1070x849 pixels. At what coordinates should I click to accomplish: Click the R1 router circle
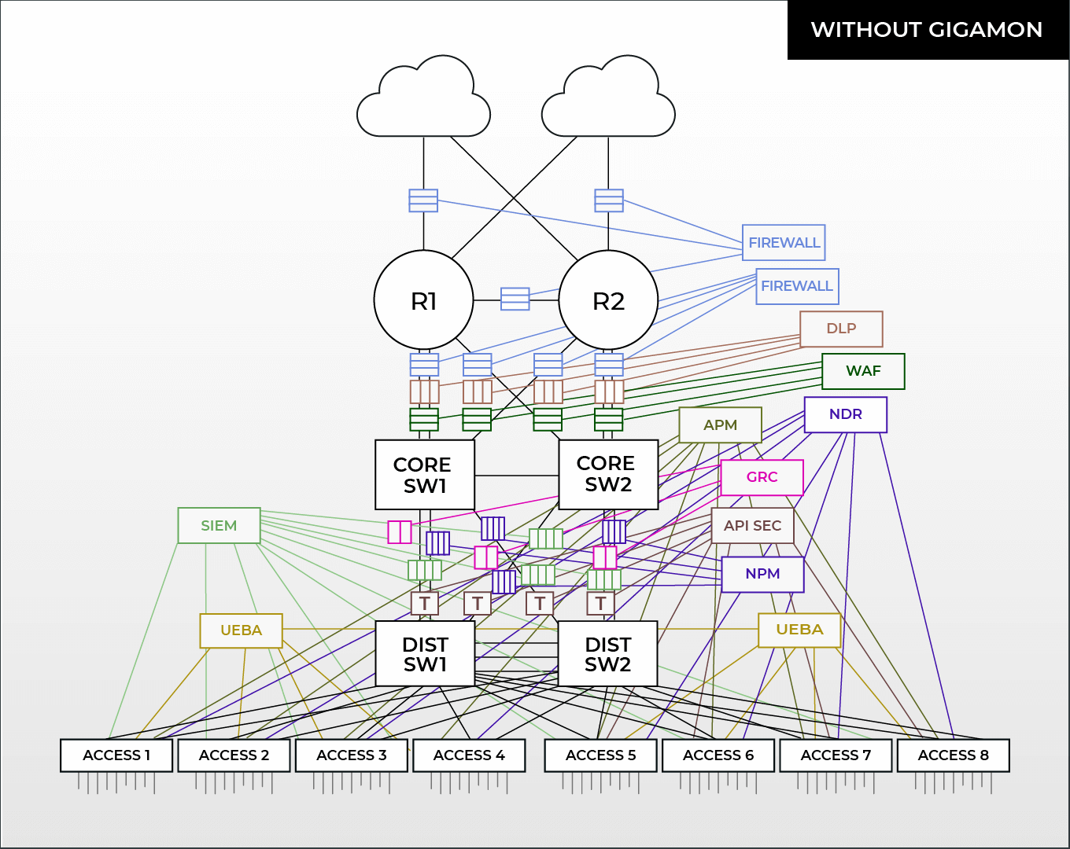point(423,300)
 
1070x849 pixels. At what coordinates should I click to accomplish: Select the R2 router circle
point(608,300)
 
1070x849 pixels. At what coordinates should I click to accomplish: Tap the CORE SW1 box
point(425,475)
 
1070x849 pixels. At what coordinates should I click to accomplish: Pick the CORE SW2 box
point(607,474)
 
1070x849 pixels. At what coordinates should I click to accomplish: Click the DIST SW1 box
point(425,654)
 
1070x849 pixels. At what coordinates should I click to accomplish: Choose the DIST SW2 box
point(607,654)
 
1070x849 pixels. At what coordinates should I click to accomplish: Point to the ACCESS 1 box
point(116,755)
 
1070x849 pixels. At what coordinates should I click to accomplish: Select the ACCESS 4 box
point(469,755)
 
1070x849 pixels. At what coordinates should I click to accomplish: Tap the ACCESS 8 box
point(953,755)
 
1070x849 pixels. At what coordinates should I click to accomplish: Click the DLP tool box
point(841,329)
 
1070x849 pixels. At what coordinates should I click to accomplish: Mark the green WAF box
point(863,371)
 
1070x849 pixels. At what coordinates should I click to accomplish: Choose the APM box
point(720,425)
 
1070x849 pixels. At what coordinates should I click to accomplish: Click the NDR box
point(846,414)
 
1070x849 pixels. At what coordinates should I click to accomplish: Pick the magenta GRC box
point(762,477)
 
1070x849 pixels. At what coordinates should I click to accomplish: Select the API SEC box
point(753,526)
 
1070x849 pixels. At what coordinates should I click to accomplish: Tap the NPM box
point(762,575)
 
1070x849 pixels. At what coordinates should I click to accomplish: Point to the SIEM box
point(219,526)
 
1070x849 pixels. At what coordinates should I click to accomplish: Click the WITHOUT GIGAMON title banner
point(927,30)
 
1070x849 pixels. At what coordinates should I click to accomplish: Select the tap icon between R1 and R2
point(515,299)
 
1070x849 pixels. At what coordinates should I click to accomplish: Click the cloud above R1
point(423,98)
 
